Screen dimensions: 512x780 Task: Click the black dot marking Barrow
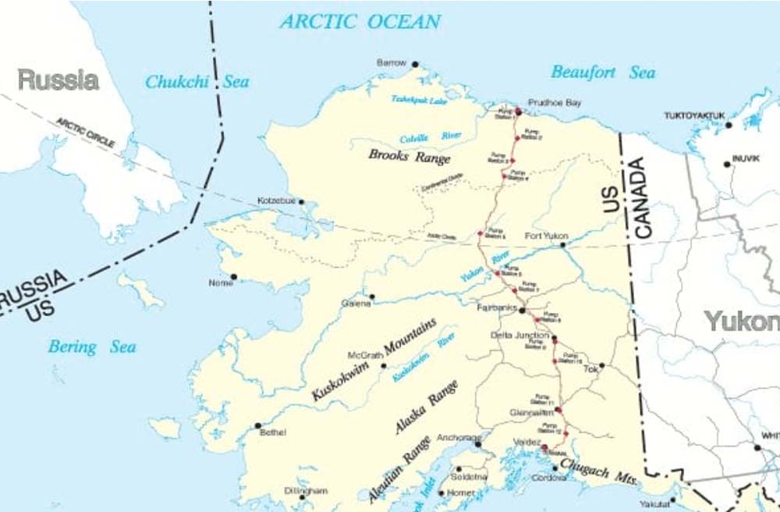(x=415, y=64)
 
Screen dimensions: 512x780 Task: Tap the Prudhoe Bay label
(x=555, y=102)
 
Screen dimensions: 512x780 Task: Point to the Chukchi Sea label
(x=197, y=81)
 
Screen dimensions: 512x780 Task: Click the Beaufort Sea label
(x=603, y=73)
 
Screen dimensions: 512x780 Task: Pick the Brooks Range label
(x=409, y=156)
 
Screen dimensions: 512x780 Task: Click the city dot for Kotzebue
(x=301, y=201)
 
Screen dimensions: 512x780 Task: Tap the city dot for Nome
(x=233, y=276)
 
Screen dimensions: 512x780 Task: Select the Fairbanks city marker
(x=522, y=310)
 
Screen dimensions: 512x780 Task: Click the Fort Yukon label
(x=546, y=236)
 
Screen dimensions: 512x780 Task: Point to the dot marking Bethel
(x=257, y=425)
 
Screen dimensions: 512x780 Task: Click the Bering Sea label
(x=92, y=347)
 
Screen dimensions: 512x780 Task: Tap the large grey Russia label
(x=58, y=80)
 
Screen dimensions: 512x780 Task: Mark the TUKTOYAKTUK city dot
(x=729, y=125)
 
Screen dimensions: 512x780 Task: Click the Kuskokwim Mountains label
(x=374, y=359)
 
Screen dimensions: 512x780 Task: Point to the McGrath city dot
(x=383, y=365)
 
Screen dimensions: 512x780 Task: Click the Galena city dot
(x=372, y=297)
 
